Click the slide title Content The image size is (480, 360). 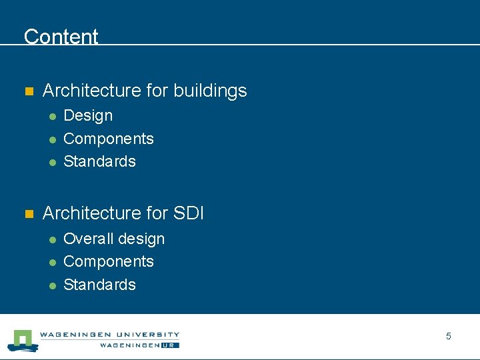(61, 37)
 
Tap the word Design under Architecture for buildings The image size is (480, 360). (88, 116)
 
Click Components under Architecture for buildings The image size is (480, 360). (108, 139)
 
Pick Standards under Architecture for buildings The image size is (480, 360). (99, 161)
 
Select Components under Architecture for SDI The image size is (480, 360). (108, 261)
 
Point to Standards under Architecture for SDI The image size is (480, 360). (99, 285)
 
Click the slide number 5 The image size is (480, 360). (448, 337)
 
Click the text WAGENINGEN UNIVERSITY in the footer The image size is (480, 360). (109, 335)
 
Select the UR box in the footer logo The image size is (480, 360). (171, 345)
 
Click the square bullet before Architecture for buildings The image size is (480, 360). (28, 91)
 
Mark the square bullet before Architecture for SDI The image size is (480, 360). (28, 214)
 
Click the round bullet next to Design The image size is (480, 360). (51, 117)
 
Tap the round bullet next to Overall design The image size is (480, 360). (51, 239)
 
